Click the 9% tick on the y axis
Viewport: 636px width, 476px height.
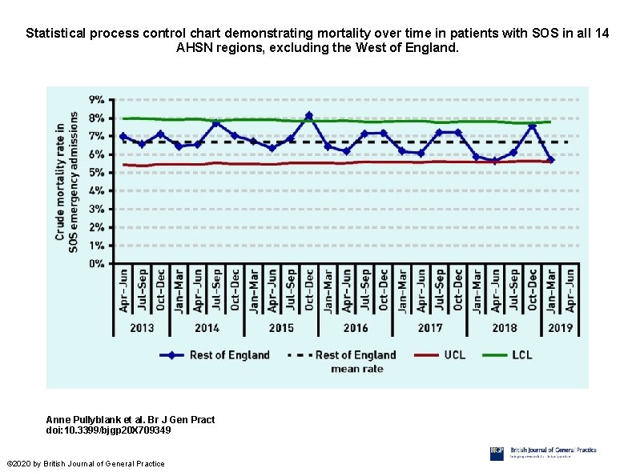(95, 100)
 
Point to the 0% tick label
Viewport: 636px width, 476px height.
(95, 263)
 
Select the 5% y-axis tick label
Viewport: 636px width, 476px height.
(95, 173)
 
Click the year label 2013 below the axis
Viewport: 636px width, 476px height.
(142, 327)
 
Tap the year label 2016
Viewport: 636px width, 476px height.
(356, 327)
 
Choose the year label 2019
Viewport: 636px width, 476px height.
(561, 327)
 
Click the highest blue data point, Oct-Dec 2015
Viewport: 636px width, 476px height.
(309, 116)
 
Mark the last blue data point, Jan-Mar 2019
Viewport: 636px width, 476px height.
(551, 160)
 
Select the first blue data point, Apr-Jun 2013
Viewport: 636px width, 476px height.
(123, 137)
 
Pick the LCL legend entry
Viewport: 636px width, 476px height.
(522, 355)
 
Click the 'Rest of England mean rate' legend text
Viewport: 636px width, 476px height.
(356, 361)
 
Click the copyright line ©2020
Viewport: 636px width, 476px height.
(85, 464)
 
